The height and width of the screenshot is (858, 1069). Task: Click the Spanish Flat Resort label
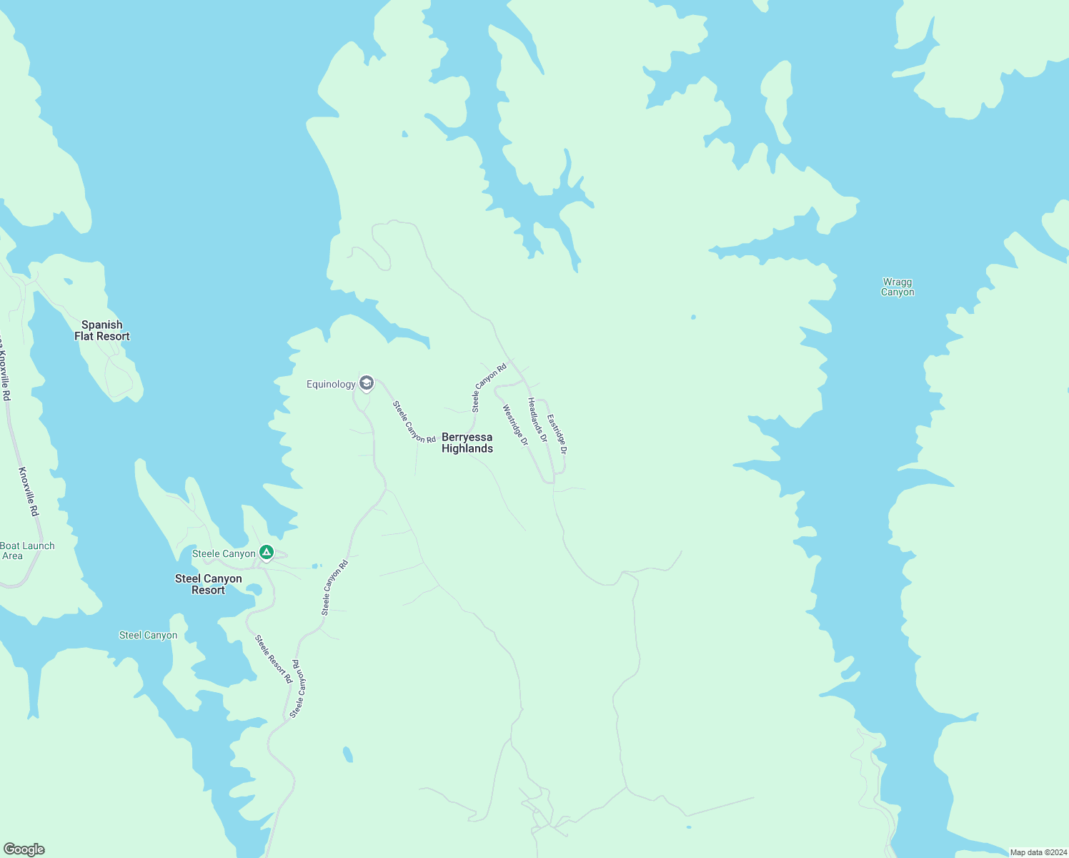click(x=102, y=330)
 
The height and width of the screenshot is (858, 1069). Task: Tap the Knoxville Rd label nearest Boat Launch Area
click(x=29, y=492)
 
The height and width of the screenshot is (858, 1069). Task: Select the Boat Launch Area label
click(x=27, y=551)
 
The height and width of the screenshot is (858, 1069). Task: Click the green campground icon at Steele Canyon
click(x=266, y=552)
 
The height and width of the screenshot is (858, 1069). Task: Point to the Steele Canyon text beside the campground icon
click(x=224, y=554)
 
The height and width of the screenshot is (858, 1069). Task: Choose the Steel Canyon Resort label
click(x=209, y=584)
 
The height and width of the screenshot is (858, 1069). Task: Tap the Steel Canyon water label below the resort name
click(x=148, y=635)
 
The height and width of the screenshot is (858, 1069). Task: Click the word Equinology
click(x=331, y=385)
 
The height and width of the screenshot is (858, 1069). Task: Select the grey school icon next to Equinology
click(x=367, y=384)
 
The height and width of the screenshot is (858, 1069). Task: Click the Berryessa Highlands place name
click(x=467, y=443)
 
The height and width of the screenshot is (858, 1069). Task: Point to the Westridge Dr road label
click(x=515, y=425)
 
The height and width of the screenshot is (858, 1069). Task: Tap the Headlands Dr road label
click(x=537, y=420)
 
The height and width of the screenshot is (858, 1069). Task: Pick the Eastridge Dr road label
click(x=557, y=434)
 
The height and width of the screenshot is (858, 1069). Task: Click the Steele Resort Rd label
click(x=274, y=659)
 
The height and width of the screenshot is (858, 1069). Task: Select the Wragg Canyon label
click(x=898, y=287)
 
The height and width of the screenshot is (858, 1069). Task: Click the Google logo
click(x=24, y=849)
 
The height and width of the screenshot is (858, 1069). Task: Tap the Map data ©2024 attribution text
click(x=1038, y=852)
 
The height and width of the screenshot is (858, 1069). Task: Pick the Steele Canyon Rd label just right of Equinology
click(x=414, y=422)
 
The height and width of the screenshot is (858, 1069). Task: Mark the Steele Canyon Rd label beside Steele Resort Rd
click(x=299, y=689)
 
